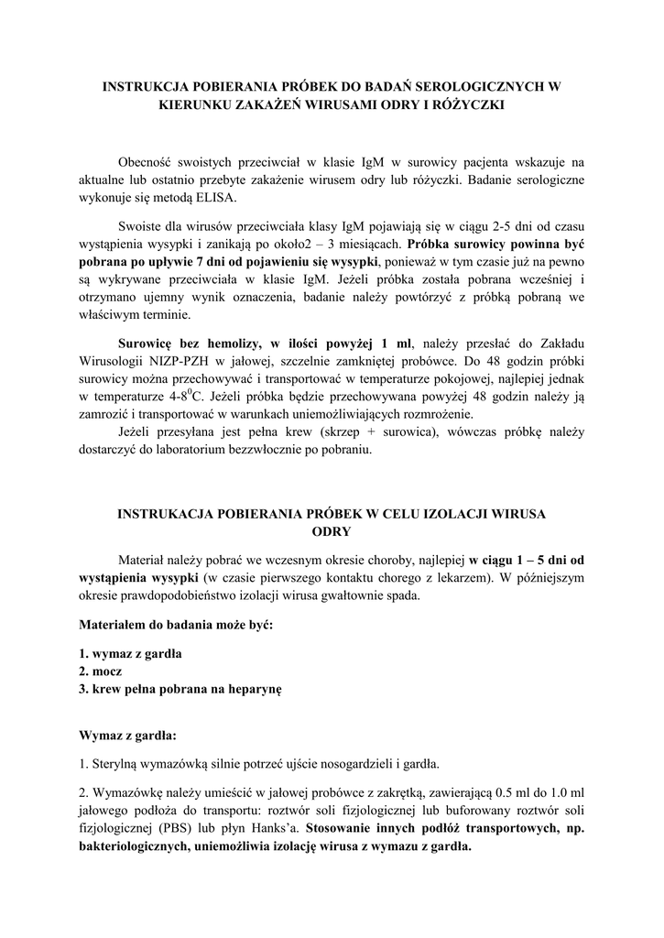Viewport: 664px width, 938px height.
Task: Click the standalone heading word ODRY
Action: coord(332,531)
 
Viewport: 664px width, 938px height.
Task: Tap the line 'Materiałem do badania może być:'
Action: coord(176,625)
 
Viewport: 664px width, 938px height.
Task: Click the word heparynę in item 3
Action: coord(256,689)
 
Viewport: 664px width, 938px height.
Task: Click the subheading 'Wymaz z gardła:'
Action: coord(128,735)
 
